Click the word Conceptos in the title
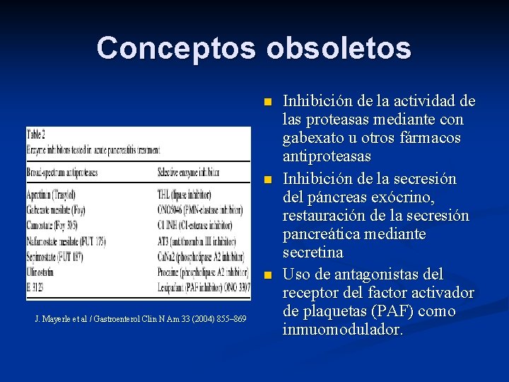[x=177, y=48]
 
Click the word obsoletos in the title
[x=339, y=48]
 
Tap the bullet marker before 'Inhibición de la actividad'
[x=267, y=103]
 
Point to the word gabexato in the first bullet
[x=312, y=137]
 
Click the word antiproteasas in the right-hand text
[x=327, y=155]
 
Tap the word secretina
[x=313, y=253]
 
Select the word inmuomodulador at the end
[x=343, y=329]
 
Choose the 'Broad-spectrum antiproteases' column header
[x=62, y=172]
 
